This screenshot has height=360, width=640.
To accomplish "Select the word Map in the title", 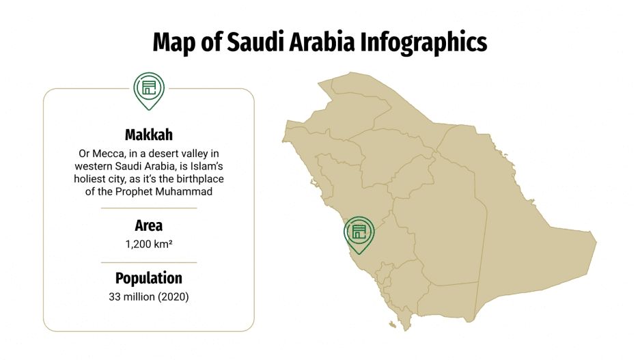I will (x=172, y=42).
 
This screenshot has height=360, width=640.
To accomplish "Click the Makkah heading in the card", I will (x=149, y=134).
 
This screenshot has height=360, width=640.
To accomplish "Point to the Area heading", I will (x=149, y=225).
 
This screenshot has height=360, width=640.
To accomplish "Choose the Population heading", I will (x=149, y=279).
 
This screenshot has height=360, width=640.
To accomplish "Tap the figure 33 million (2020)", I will (x=149, y=296).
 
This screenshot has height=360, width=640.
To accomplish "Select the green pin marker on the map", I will (x=359, y=231).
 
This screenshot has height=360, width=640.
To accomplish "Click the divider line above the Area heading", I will (x=149, y=208).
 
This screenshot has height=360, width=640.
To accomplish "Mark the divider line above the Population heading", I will (x=149, y=262).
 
